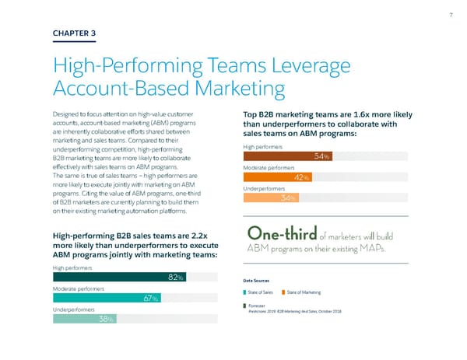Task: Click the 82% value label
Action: (x=176, y=278)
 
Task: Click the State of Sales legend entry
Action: (x=265, y=292)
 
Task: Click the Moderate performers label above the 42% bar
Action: (x=269, y=167)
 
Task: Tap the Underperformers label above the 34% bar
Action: (x=265, y=188)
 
